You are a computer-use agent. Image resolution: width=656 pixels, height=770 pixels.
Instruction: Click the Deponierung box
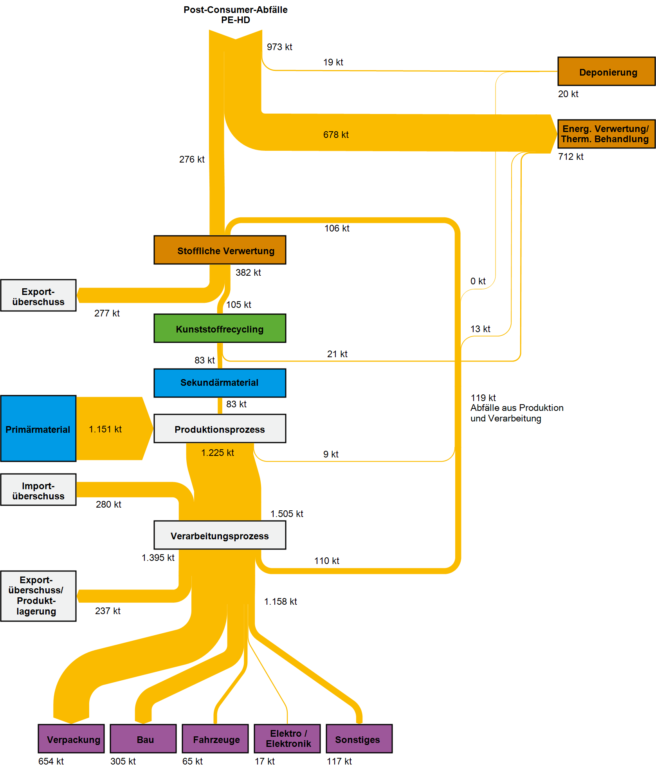[x=606, y=71]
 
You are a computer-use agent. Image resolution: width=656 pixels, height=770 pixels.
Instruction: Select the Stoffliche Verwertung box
[x=220, y=250]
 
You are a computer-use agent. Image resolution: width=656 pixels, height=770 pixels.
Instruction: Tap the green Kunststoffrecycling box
[x=220, y=328]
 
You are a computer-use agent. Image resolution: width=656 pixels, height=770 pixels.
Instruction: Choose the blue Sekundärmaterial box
[x=220, y=383]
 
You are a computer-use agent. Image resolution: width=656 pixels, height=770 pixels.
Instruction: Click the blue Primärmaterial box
[x=38, y=428]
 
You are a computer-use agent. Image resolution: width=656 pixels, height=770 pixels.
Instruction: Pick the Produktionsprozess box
[x=220, y=428]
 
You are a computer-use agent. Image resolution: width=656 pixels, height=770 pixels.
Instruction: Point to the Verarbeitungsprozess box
[x=220, y=535]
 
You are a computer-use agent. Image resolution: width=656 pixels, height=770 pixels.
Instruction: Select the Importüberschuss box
[x=38, y=490]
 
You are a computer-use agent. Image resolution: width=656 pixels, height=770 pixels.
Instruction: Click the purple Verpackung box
[x=71, y=739]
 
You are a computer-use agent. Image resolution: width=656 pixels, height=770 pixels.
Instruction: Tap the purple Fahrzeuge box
[x=215, y=739]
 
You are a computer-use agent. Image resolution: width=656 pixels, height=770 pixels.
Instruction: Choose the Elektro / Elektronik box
[x=287, y=739]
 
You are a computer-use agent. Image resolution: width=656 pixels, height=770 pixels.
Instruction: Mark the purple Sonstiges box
[x=359, y=739]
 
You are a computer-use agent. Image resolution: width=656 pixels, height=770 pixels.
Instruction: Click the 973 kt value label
[x=279, y=47]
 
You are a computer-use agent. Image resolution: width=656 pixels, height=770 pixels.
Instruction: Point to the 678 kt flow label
[x=336, y=135]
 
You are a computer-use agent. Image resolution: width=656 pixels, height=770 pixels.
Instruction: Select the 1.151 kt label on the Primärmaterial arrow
[x=105, y=429]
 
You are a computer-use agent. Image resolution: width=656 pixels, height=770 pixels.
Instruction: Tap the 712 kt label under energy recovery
[x=571, y=157]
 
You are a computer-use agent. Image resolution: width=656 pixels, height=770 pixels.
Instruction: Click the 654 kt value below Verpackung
[x=51, y=761]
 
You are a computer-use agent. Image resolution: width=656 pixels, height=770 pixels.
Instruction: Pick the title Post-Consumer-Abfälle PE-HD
[x=236, y=15]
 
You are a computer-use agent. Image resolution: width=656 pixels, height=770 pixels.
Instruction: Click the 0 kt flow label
[x=478, y=281]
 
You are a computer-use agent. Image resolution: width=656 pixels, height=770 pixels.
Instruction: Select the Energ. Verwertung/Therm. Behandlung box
[x=606, y=134]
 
